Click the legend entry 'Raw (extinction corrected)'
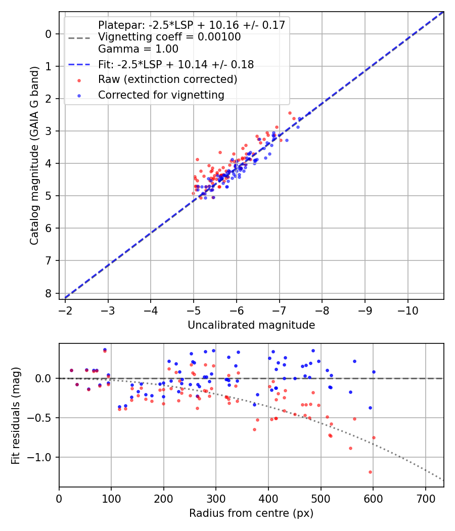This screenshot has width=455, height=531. point(167,79)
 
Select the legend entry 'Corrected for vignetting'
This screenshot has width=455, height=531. point(161,95)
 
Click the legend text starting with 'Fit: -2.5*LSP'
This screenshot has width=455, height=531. point(176,64)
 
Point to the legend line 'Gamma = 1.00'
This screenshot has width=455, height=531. point(138,49)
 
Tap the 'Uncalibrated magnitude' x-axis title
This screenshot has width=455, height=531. point(251,325)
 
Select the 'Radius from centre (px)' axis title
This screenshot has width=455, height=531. point(251,513)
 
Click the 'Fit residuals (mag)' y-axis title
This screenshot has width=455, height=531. point(15,415)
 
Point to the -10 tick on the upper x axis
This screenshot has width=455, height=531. point(408,309)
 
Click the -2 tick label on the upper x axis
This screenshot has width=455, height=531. point(65,309)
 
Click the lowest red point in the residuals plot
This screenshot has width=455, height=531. point(370,472)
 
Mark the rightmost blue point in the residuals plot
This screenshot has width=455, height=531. point(374,372)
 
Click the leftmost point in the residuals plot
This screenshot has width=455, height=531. point(71,370)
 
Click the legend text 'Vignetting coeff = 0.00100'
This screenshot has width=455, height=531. point(169,37)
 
